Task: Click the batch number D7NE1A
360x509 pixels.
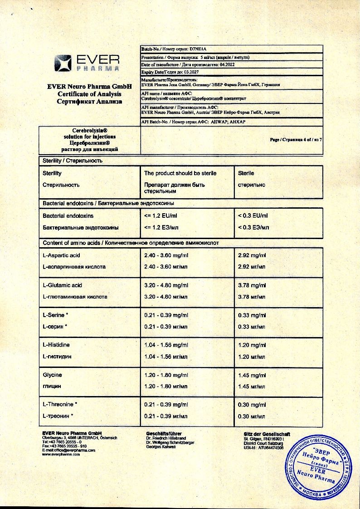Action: click(197, 49)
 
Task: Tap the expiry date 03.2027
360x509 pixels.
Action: click(189, 72)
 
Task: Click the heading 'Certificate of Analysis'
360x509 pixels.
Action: click(89, 94)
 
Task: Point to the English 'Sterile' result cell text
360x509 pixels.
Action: click(246, 173)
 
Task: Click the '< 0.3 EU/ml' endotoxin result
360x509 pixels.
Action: click(253, 216)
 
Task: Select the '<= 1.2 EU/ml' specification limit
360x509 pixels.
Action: click(160, 216)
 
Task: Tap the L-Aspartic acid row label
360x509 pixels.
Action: click(61, 255)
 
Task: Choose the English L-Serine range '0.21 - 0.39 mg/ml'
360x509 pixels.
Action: click(166, 315)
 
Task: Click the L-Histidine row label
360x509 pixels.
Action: click(56, 345)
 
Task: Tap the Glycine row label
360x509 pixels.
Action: click(52, 375)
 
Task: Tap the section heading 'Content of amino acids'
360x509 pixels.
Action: click(72, 243)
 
